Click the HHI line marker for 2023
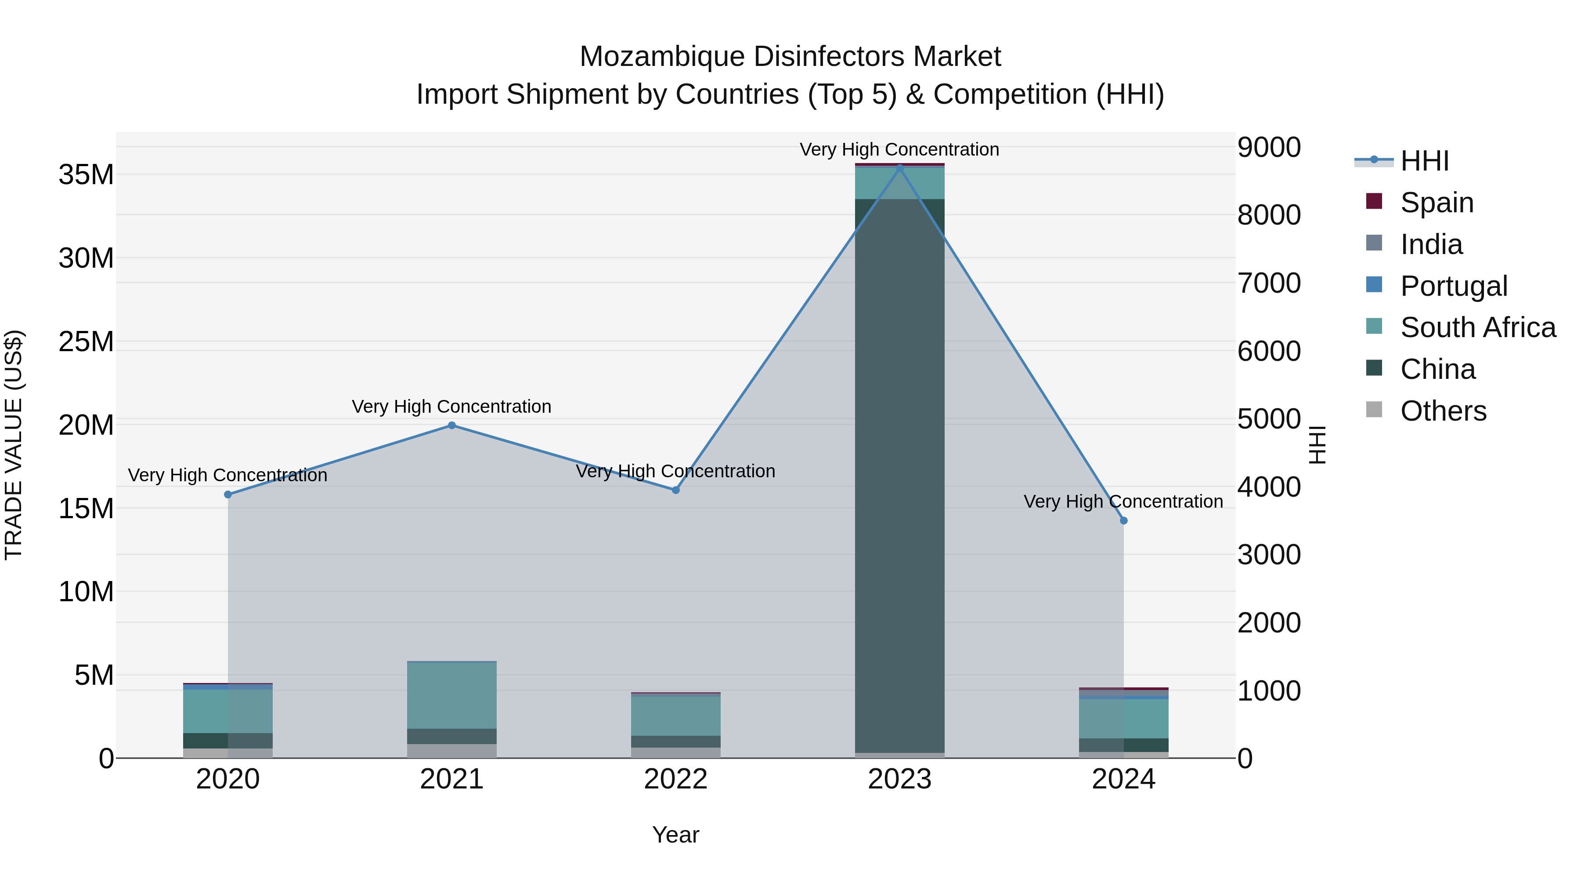point(900,168)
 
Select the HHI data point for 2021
point(452,425)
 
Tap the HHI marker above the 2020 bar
point(227,494)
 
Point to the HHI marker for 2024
point(1124,521)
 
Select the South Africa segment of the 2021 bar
point(452,695)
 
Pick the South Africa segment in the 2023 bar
point(900,183)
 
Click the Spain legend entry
point(1436,203)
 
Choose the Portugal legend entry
point(1453,286)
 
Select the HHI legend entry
point(1424,161)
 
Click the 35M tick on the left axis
point(86,175)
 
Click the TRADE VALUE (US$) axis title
point(14,445)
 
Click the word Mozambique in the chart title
point(662,57)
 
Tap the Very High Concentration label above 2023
point(900,149)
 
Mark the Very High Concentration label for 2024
point(1124,502)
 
